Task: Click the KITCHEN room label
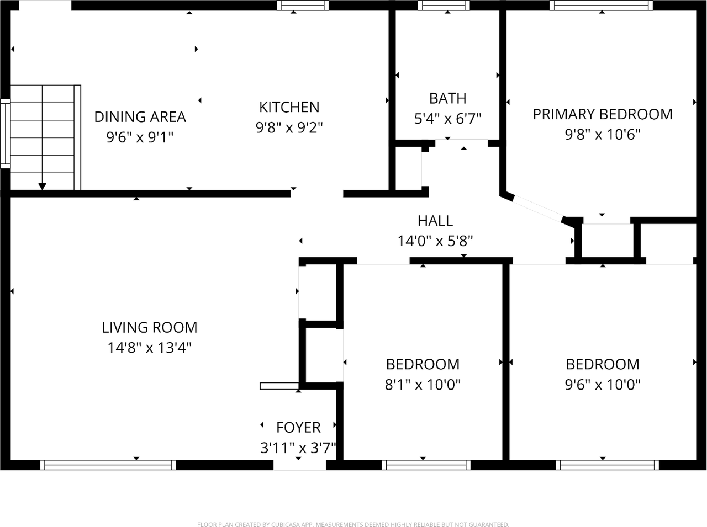[289, 107]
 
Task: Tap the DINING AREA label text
[140, 116]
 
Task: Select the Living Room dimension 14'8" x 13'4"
[149, 348]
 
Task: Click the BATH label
[447, 98]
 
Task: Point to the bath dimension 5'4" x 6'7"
[447, 118]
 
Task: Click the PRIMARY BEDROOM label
[602, 114]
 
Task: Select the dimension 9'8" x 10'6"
[602, 134]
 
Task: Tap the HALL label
[435, 221]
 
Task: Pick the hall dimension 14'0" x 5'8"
[435, 241]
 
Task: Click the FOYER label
[298, 427]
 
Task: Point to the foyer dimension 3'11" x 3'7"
[298, 448]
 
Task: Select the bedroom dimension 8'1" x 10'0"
[423, 384]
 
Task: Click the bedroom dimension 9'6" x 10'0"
[602, 384]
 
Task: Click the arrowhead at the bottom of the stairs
[43, 187]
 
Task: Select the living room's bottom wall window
[108, 465]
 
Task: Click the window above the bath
[444, 6]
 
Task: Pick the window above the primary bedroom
[601, 6]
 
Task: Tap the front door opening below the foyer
[300, 465]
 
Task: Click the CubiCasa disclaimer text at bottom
[353, 524]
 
